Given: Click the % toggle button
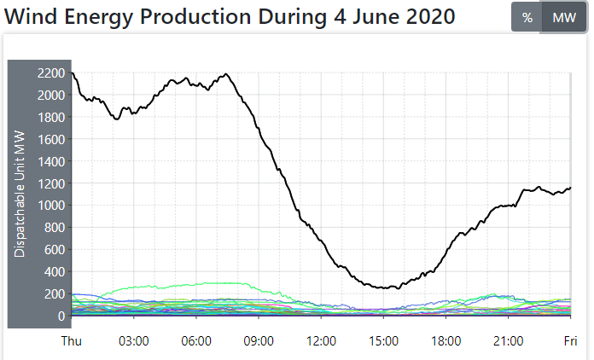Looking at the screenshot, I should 527,18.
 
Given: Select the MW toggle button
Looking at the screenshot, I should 564,18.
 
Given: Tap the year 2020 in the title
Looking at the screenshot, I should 423,17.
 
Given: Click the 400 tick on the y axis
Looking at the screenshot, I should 55,272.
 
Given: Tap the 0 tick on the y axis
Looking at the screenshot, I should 61,316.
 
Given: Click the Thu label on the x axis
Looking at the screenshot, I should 72,340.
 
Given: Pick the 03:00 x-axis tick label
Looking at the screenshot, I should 134,340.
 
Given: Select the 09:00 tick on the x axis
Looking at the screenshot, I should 259,340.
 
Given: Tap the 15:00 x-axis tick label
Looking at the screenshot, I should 383,340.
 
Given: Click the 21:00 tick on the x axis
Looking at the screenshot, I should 508,340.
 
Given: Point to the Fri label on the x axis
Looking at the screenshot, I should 570,340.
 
